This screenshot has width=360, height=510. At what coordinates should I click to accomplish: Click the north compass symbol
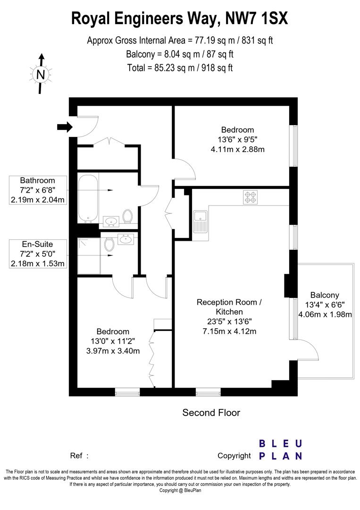pos(42,74)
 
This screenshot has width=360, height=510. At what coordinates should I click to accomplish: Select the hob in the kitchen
pos(250,197)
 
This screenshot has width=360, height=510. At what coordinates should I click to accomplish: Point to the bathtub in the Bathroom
pos(88,198)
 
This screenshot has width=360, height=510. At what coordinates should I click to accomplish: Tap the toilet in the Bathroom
pos(127,216)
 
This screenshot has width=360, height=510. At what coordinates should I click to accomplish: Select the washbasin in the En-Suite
pos(126,239)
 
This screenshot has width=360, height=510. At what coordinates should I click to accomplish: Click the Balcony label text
pos(325,295)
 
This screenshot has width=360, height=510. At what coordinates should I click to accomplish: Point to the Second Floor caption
pos(211,413)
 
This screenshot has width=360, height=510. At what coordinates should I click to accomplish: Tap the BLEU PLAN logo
pos(280,450)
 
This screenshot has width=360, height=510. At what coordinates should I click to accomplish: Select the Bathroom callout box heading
pos(37,180)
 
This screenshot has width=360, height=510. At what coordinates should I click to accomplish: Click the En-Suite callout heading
pos(37,244)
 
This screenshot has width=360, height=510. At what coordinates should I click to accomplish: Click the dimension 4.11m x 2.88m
pos(237,149)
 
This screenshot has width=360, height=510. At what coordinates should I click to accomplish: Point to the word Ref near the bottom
pos(76,456)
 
